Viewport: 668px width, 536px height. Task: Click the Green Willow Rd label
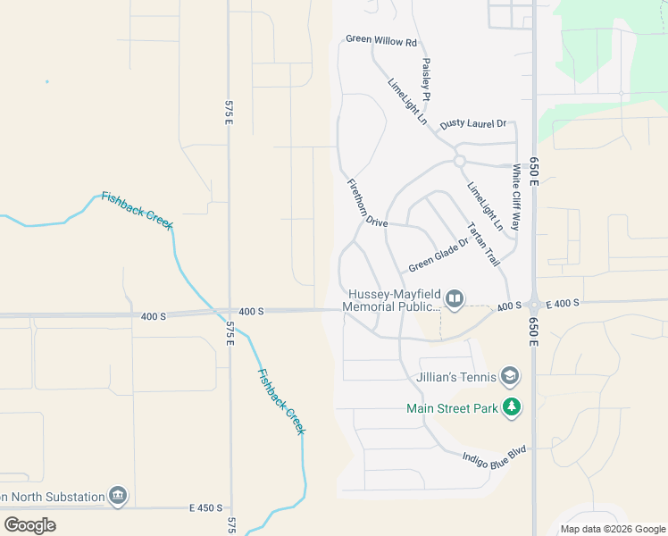(381, 41)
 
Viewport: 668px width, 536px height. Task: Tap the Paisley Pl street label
(427, 80)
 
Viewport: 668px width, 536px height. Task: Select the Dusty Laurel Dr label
(473, 123)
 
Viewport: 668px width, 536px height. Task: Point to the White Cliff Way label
(516, 197)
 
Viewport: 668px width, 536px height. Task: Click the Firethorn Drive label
(367, 203)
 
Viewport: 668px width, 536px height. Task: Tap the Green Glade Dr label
(438, 255)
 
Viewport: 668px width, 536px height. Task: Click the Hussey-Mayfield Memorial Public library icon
(455, 298)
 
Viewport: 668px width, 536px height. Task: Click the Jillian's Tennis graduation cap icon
(510, 376)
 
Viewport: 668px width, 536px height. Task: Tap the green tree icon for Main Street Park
(512, 408)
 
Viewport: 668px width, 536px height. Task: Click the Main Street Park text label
(450, 409)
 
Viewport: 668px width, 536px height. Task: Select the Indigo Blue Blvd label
(495, 457)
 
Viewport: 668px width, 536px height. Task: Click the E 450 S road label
(205, 507)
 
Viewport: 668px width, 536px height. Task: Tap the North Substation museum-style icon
(118, 496)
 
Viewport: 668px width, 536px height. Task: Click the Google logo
(29, 525)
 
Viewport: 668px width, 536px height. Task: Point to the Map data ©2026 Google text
(612, 529)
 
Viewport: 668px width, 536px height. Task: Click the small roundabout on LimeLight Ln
(459, 161)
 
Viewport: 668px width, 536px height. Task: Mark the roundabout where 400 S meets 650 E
(534, 304)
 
